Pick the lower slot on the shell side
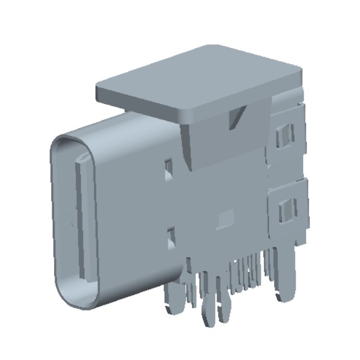172,236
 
